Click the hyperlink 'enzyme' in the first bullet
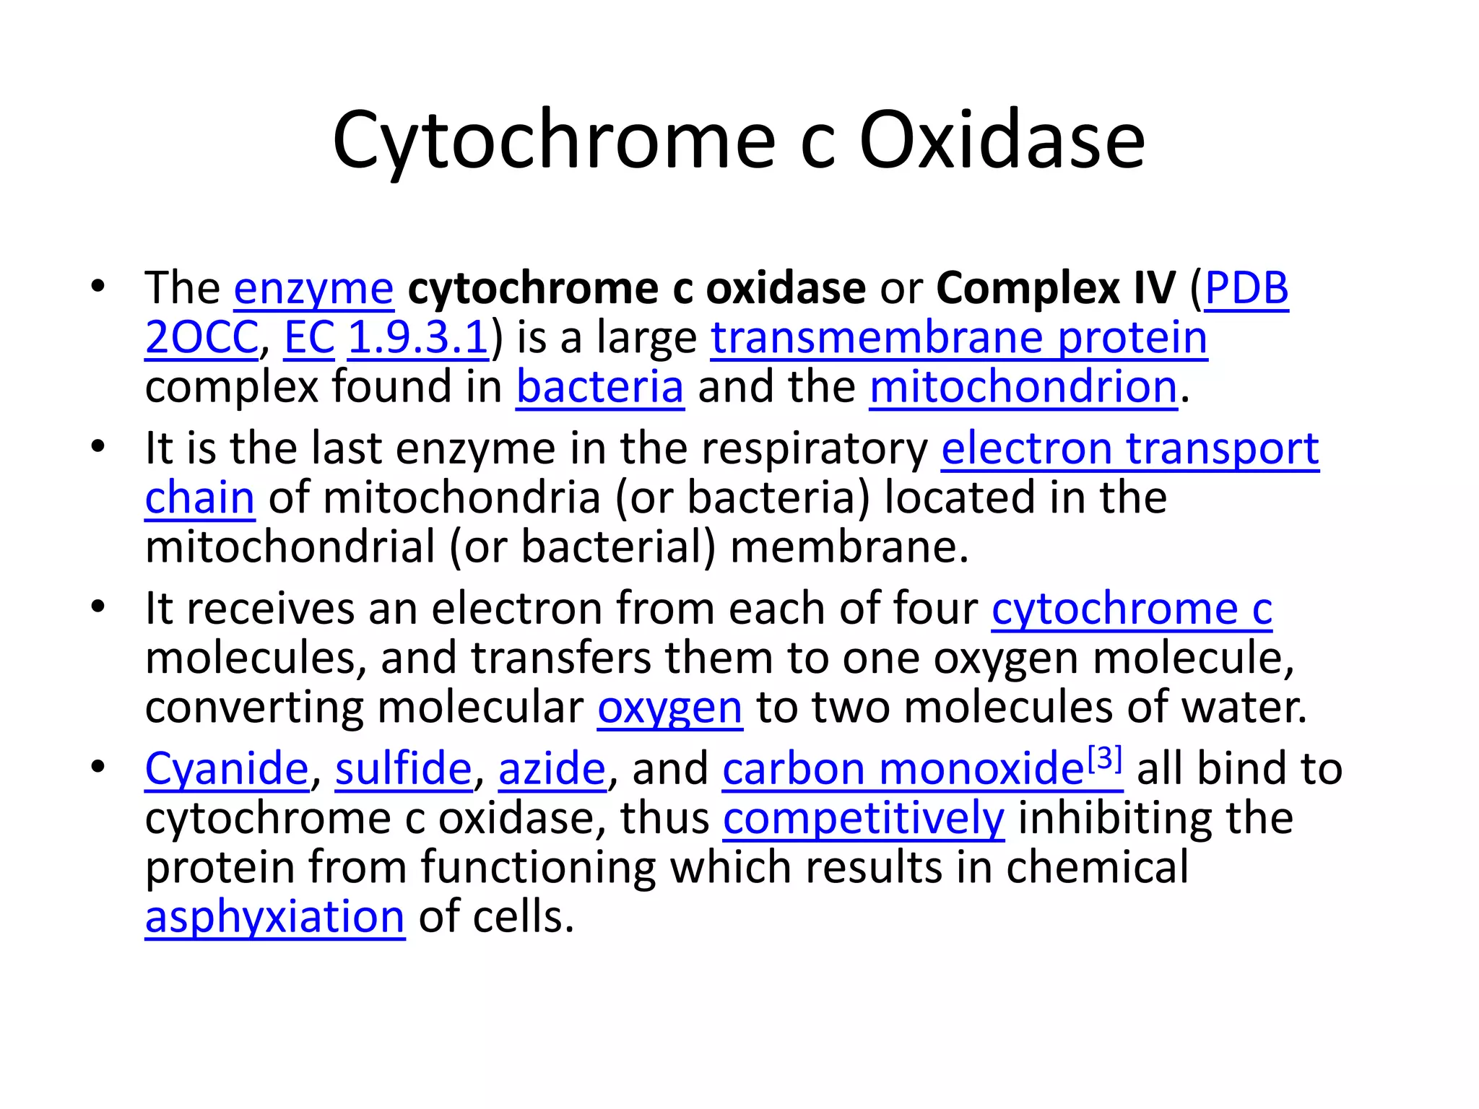313,288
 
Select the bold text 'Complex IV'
1056,288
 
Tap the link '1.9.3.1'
418,338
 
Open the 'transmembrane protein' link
959,338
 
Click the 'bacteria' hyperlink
599,387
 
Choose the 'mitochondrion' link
1023,387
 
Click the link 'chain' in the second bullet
199,498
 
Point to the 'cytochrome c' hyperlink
1131,609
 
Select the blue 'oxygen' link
669,708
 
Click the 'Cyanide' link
227,768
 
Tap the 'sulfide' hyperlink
403,768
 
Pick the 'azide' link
552,768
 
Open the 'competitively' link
863,818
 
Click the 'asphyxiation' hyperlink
274,917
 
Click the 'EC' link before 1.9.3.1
309,338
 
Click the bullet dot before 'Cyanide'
98,767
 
